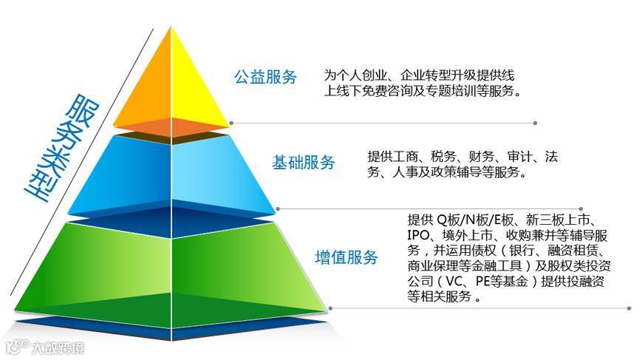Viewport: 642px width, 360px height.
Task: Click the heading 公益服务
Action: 265,77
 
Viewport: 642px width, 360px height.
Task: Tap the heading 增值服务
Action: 346,257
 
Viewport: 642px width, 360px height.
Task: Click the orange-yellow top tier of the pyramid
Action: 171,89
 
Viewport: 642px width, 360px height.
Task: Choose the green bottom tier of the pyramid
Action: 171,270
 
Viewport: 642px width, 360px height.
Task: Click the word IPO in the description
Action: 418,235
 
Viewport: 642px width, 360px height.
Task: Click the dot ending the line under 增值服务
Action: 629,308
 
